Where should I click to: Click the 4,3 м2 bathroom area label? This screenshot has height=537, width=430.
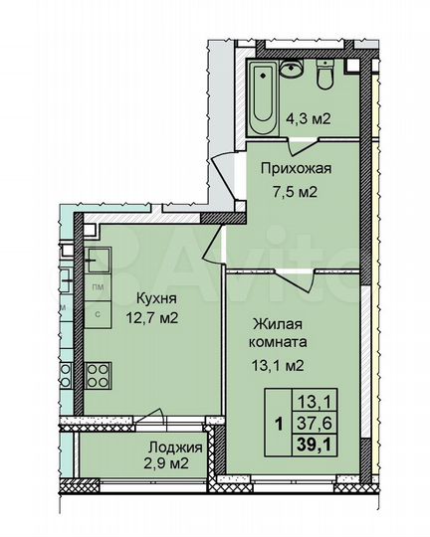click(x=308, y=118)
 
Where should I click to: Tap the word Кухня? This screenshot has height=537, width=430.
click(x=143, y=295)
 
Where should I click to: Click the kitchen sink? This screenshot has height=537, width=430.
click(x=99, y=260)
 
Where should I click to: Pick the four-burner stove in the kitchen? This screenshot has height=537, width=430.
click(x=99, y=376)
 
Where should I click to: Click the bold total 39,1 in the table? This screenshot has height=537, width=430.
click(x=313, y=443)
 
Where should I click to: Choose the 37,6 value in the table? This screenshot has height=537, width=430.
click(x=312, y=422)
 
